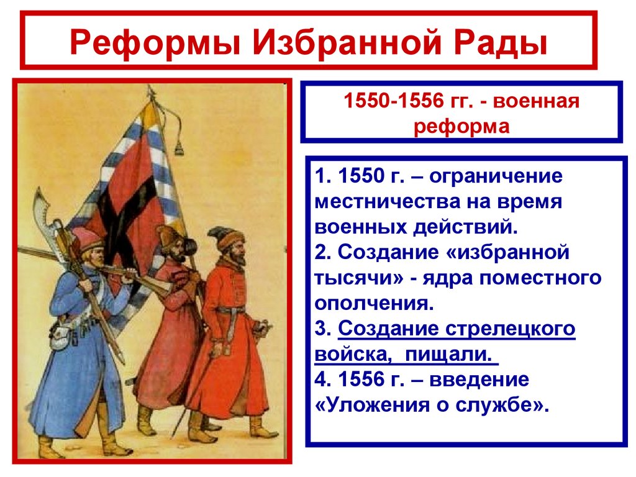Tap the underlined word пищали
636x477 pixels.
(453, 354)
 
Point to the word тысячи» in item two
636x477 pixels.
(359, 278)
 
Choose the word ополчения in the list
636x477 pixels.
(371, 303)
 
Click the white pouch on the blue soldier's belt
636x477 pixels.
(60, 336)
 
